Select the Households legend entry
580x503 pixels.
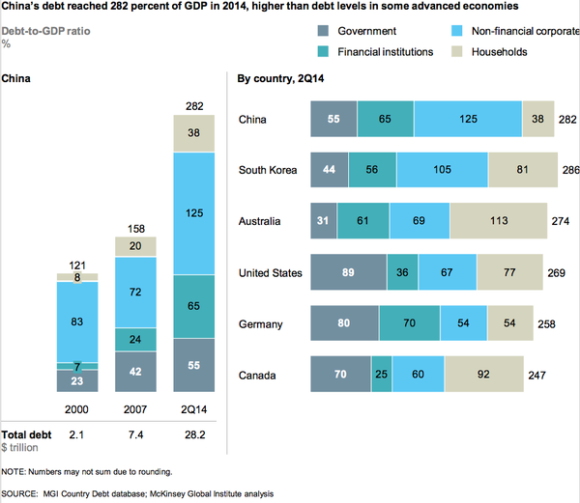coord(500,51)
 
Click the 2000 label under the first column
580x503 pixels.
coord(78,407)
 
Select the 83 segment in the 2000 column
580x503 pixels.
coord(78,321)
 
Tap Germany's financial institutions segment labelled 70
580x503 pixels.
coord(409,323)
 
